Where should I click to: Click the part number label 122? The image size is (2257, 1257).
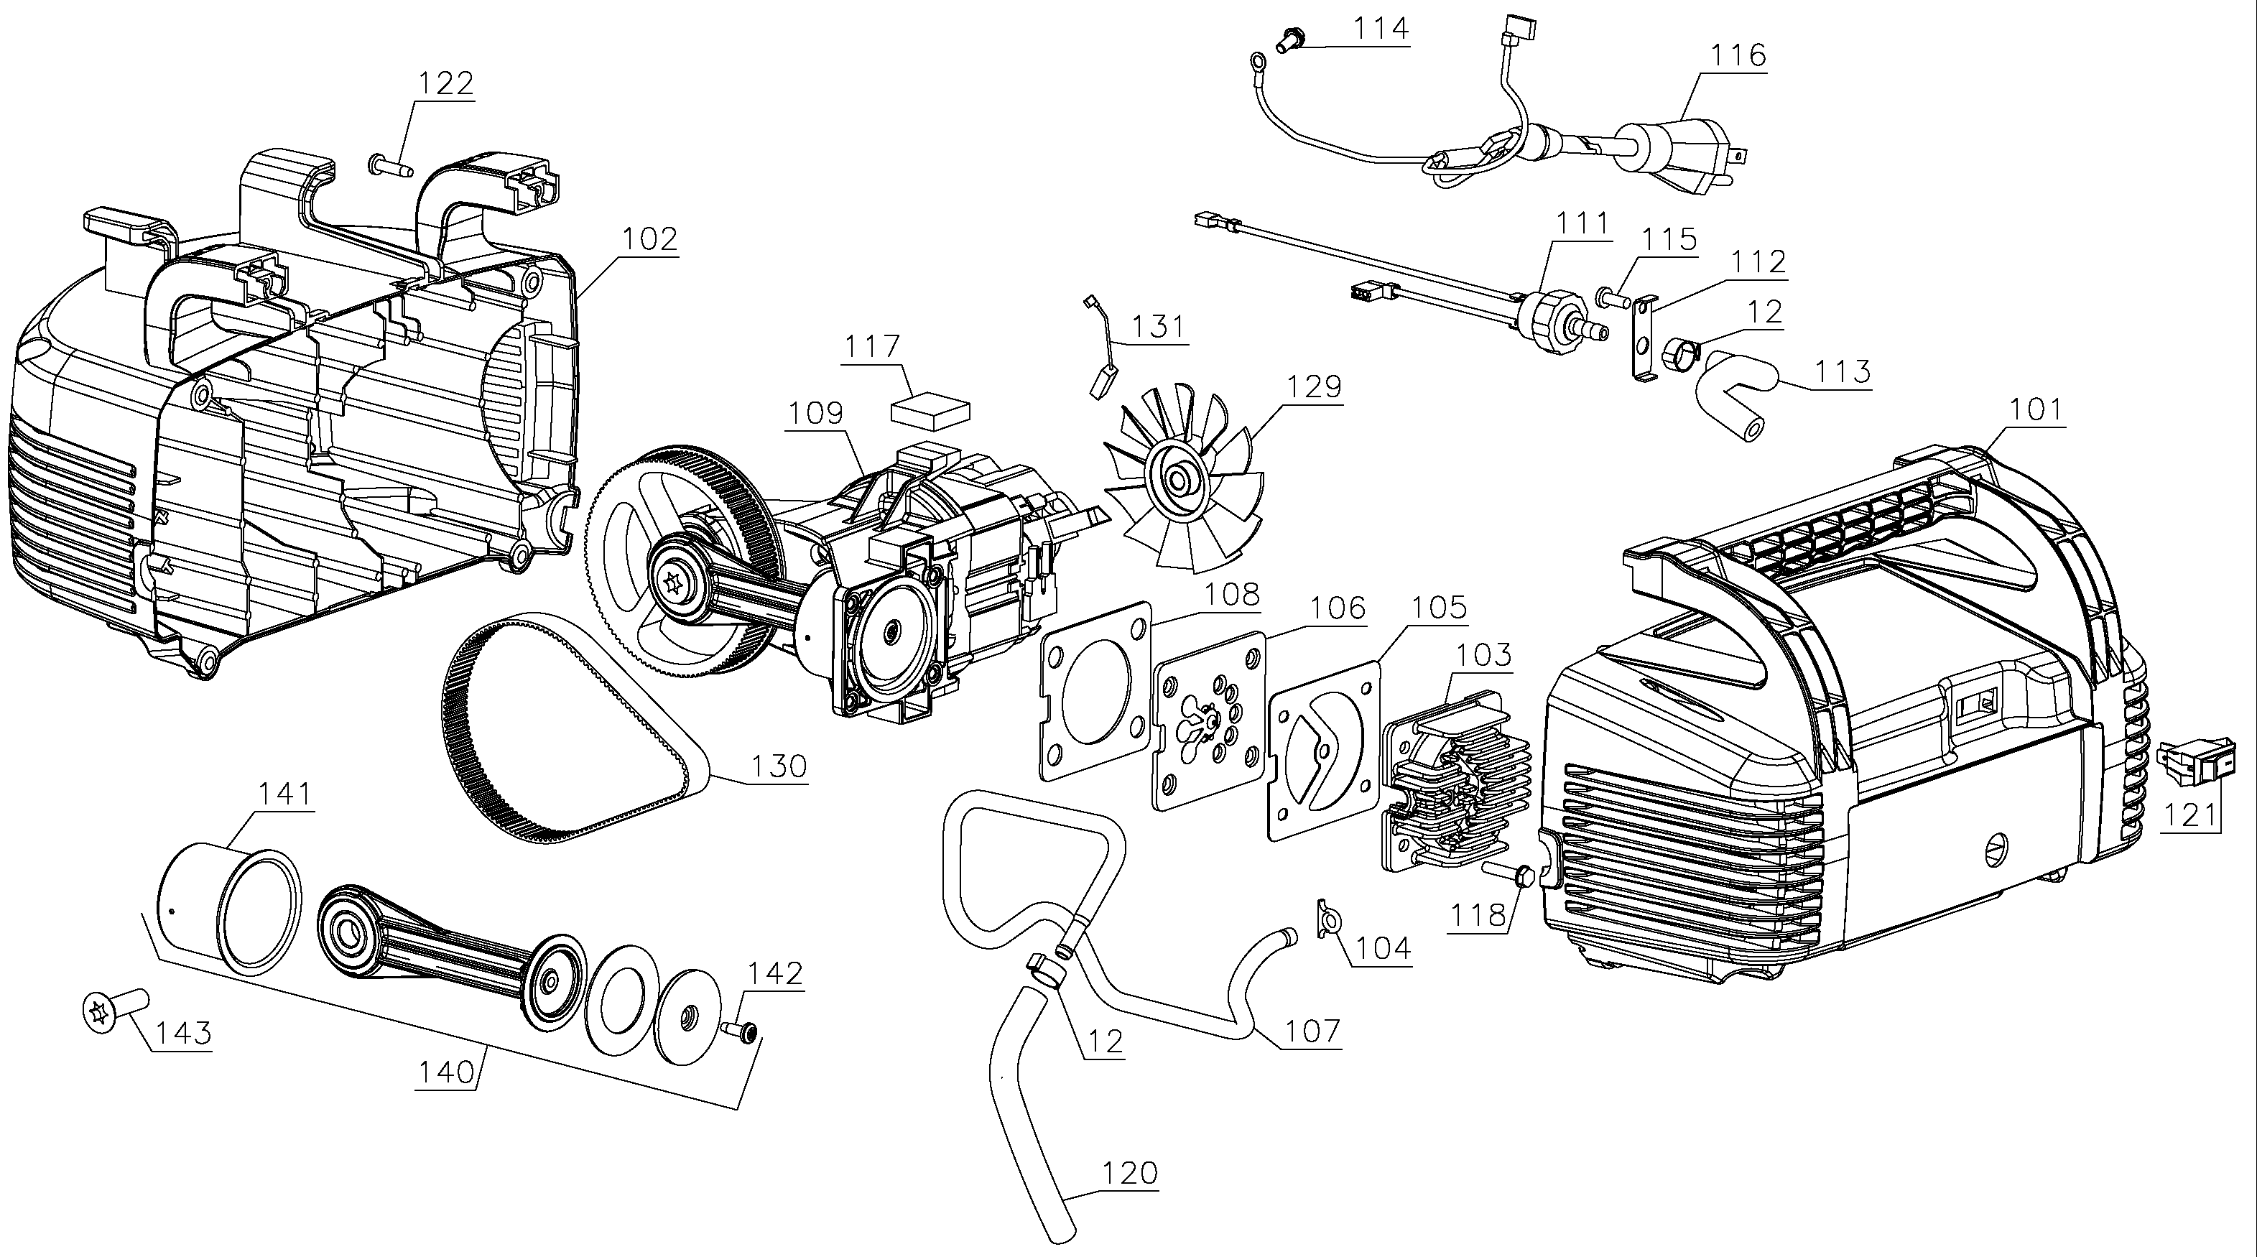[445, 83]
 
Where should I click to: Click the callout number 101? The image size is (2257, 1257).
[2035, 410]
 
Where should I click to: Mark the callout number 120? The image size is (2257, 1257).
[1129, 1173]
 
